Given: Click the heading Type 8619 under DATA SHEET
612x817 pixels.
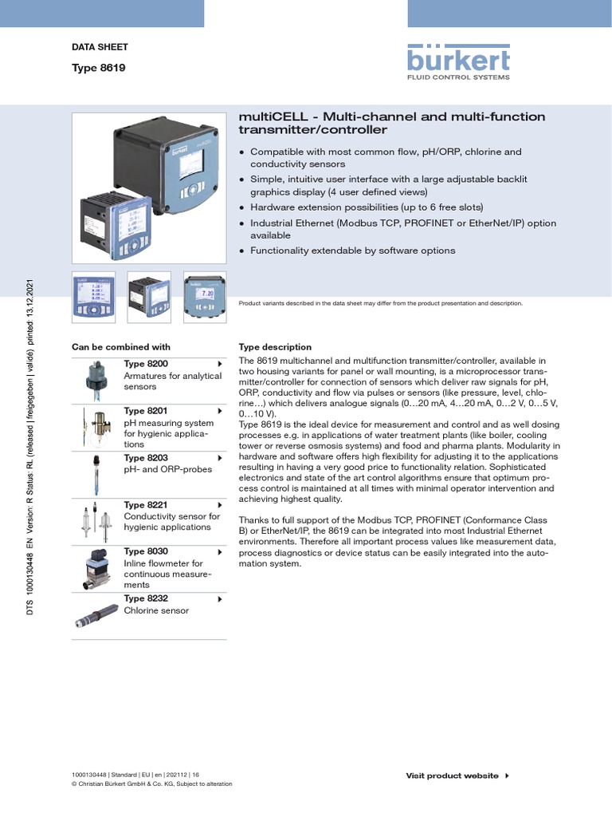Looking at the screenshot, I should point(98,68).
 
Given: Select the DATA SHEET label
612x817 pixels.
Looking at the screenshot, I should point(100,47).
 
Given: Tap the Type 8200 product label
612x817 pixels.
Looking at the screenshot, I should point(146,364).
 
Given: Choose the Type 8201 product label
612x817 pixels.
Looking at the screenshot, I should point(146,411).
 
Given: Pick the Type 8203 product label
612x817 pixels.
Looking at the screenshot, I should point(146,458).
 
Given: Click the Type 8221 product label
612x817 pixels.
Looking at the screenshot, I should point(146,505).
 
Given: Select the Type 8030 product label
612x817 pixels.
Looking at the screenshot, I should point(146,551).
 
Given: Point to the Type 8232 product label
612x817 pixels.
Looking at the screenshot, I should point(146,598).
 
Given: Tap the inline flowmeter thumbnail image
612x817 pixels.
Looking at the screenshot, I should point(96,569).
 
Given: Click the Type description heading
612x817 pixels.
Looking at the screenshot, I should point(275,347).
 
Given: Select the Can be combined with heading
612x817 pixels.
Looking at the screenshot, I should point(121,347).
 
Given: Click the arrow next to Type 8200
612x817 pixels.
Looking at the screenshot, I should point(219,364).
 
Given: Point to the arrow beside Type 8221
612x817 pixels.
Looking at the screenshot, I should point(219,505).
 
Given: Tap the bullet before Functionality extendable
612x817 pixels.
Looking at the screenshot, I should point(242,251).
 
